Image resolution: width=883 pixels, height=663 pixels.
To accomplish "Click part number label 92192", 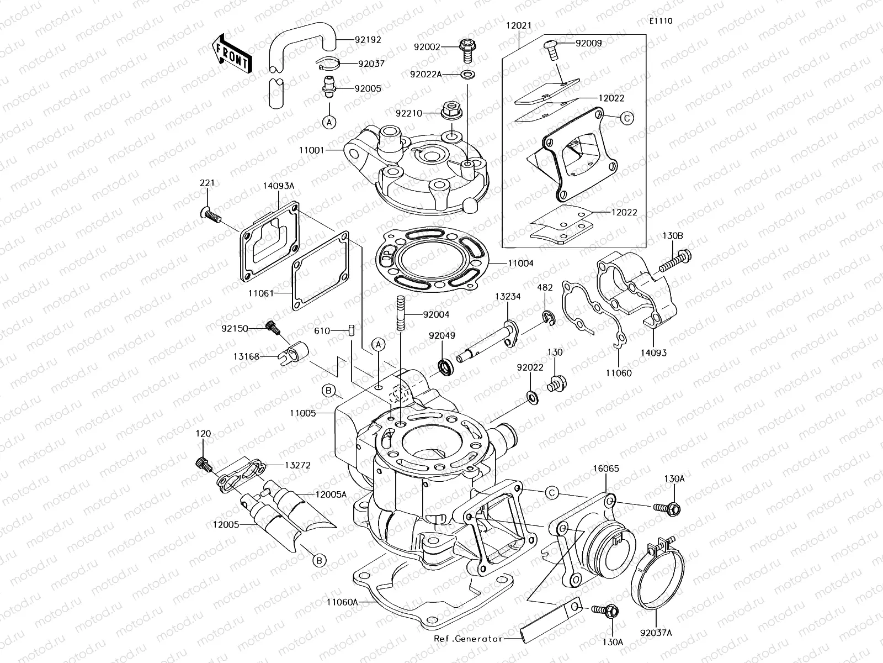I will (x=368, y=40).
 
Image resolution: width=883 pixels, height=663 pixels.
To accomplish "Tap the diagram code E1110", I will (x=661, y=21).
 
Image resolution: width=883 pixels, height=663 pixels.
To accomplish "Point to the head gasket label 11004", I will (x=521, y=264).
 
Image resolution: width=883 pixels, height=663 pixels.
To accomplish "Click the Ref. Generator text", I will (x=468, y=639).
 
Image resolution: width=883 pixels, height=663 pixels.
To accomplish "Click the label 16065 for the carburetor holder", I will (x=605, y=469).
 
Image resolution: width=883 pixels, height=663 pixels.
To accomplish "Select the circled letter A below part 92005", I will (x=329, y=122).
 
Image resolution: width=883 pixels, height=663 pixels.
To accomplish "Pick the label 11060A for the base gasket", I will (x=341, y=602).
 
